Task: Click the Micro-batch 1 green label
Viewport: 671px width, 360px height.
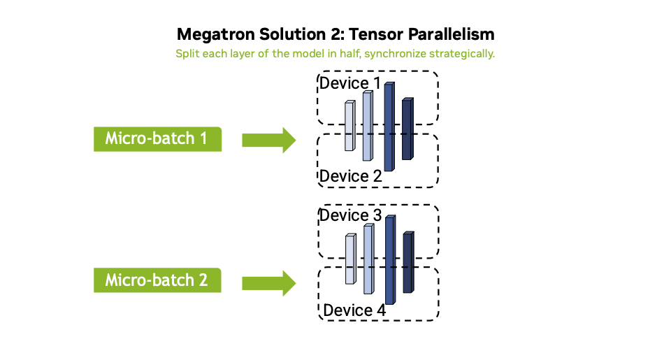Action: tap(157, 139)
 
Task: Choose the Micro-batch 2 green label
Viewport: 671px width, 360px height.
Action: tap(157, 281)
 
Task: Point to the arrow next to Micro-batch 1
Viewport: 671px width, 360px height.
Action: tap(268, 140)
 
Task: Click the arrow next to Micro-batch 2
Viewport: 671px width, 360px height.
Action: tap(268, 282)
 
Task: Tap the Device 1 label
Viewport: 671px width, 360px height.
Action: tap(350, 84)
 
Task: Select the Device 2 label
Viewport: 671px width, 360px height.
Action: tap(350, 176)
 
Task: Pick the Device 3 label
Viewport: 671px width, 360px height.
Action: tap(350, 215)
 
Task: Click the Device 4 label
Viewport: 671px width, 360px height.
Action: tap(354, 310)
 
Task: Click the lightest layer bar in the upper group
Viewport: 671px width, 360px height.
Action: tap(349, 127)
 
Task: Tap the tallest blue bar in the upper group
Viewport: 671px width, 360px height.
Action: tap(389, 127)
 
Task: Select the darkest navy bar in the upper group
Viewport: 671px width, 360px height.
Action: tap(407, 129)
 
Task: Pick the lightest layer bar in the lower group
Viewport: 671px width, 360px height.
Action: tap(350, 259)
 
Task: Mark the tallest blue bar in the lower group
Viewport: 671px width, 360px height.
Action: tap(390, 260)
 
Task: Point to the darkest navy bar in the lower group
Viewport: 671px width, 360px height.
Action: tap(407, 262)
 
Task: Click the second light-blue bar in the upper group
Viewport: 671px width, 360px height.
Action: tap(367, 126)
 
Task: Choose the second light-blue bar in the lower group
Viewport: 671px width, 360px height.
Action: tap(368, 259)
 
